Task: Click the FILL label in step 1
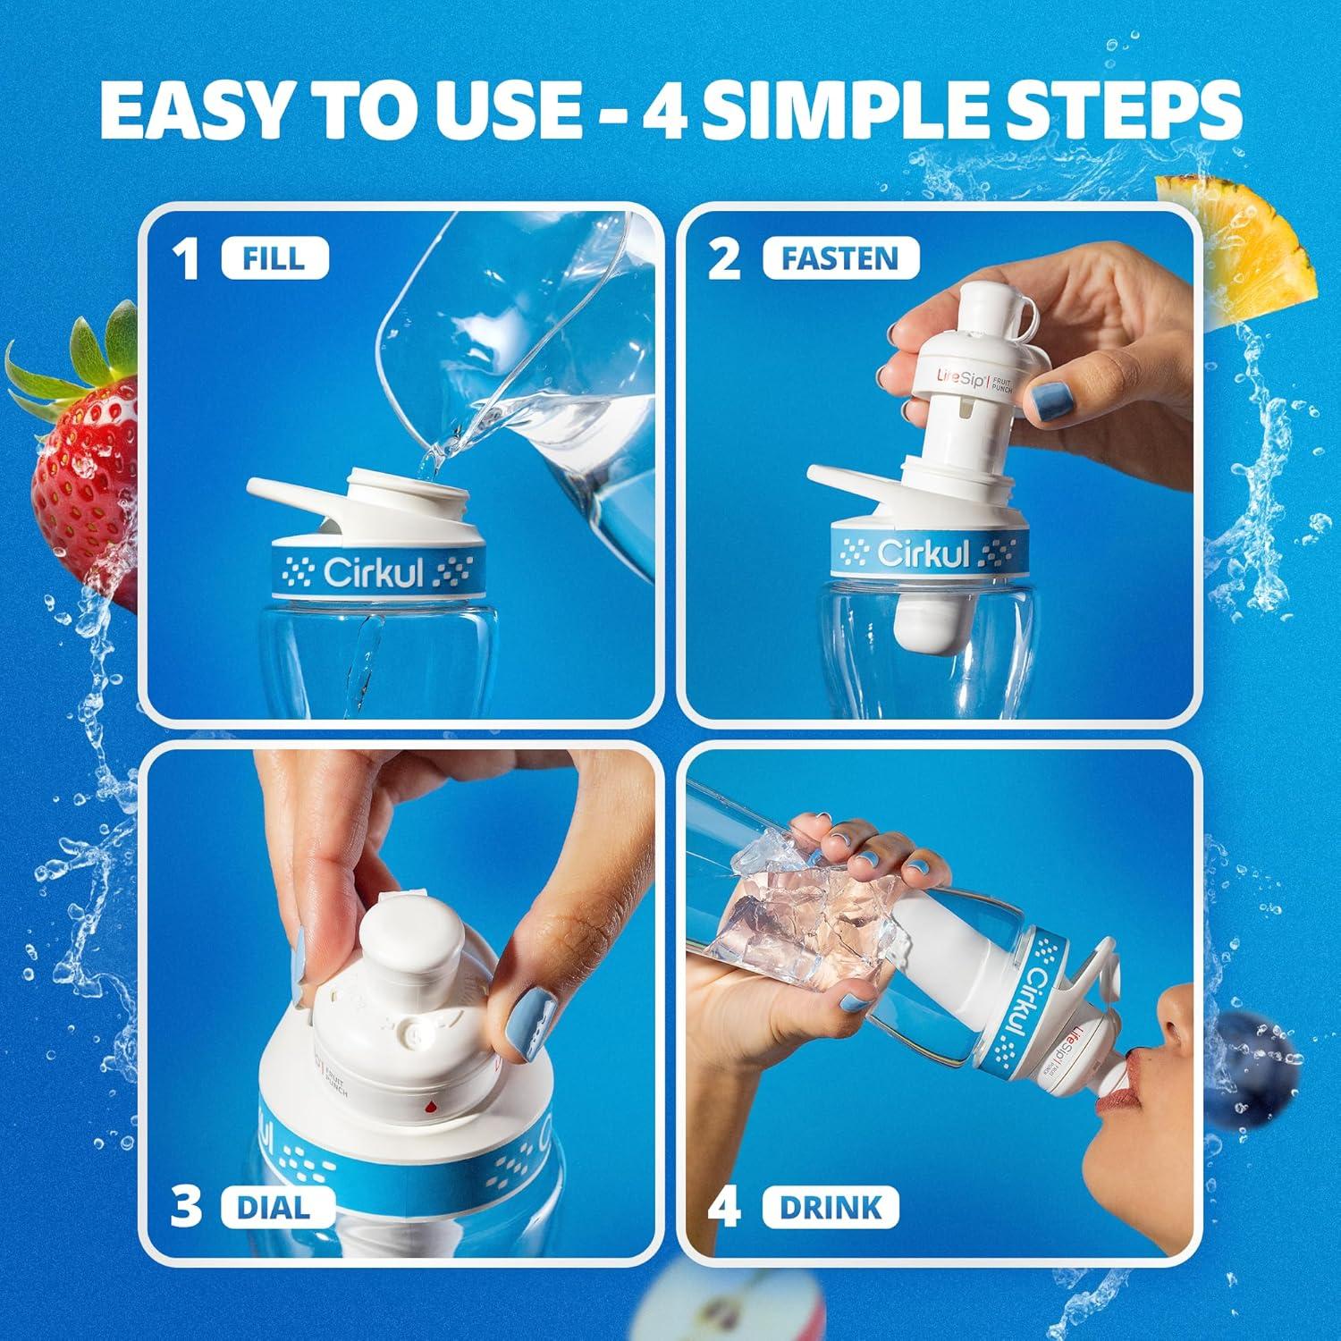(x=273, y=258)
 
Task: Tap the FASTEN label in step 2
(x=840, y=258)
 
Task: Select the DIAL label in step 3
(x=273, y=1207)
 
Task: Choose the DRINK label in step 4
(x=830, y=1207)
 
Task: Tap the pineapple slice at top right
(x=1238, y=237)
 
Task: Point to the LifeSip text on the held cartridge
(x=936, y=373)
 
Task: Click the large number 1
(x=187, y=260)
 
